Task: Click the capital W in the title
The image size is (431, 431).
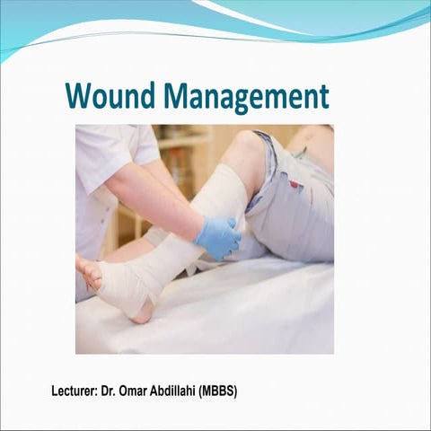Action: point(79,95)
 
